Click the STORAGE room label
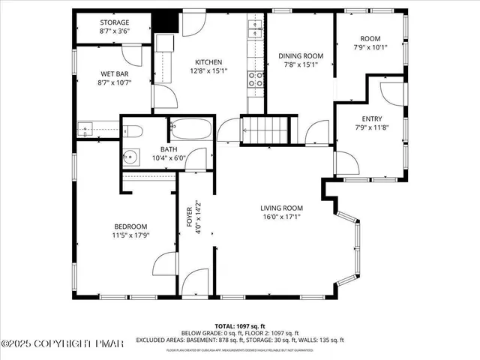115,23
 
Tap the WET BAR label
115,73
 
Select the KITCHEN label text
208,62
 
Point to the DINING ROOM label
301,55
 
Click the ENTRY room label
371,118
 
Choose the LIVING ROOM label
281,208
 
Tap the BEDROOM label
130,226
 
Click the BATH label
168,148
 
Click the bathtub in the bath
192,128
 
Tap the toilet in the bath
135,133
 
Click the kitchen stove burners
257,78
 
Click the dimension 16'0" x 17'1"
281,217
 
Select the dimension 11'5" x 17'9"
130,235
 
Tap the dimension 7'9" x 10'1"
370,46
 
